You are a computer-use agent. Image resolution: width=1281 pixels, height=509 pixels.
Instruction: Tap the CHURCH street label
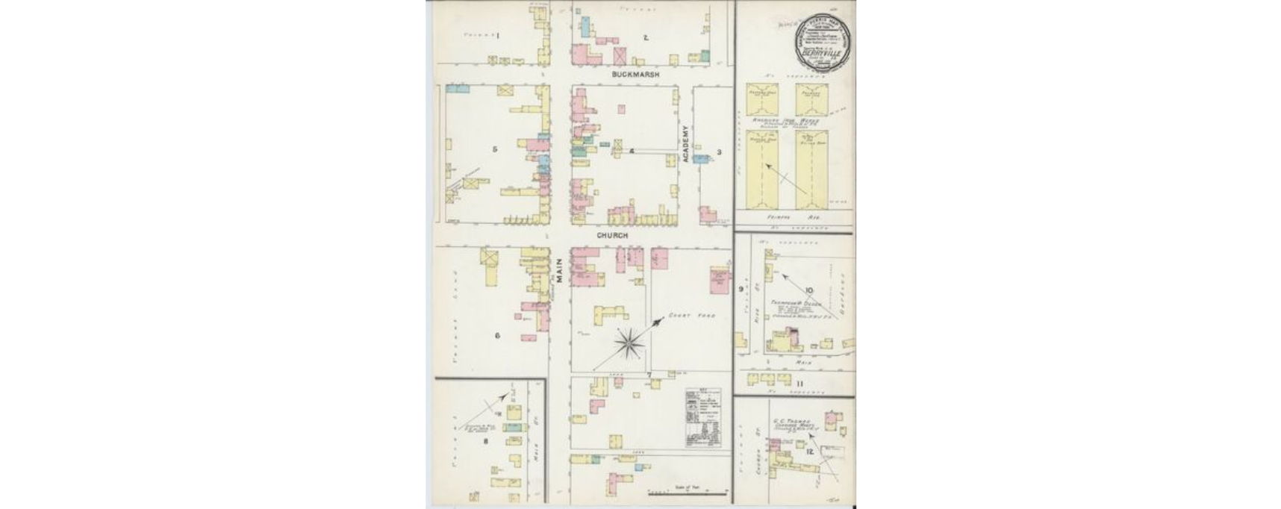pyautogui.click(x=612, y=235)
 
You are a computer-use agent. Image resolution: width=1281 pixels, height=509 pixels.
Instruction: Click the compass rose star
pyautogui.click(x=630, y=343)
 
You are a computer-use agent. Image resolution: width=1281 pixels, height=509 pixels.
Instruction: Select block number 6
pyautogui.click(x=496, y=335)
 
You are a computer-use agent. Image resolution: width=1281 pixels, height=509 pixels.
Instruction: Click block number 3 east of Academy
pyautogui.click(x=719, y=152)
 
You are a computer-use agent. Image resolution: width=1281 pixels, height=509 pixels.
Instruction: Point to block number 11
pyautogui.click(x=800, y=384)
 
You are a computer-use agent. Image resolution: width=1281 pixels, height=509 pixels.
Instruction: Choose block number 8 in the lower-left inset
pyautogui.click(x=486, y=441)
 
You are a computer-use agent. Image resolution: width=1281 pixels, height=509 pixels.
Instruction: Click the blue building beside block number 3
pyautogui.click(x=700, y=159)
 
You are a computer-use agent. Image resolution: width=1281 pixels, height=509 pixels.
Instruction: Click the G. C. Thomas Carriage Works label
pyautogui.click(x=794, y=423)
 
